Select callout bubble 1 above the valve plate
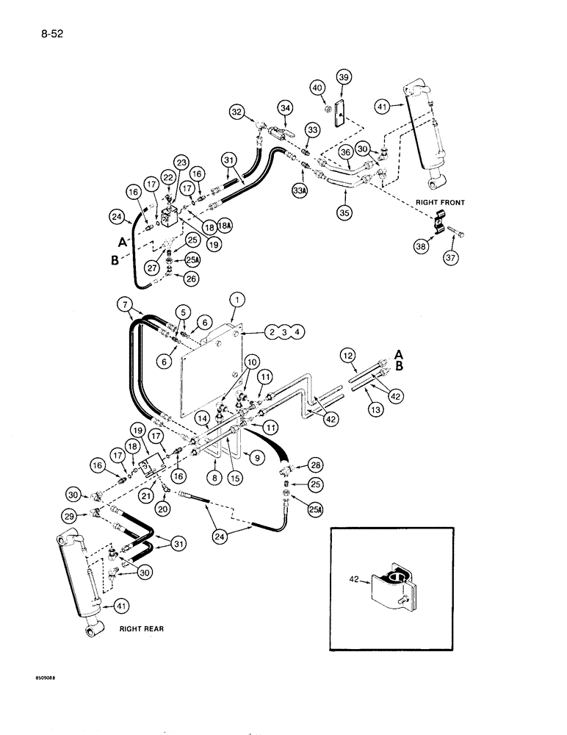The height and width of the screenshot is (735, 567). [236, 300]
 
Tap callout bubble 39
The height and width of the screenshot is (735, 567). [344, 77]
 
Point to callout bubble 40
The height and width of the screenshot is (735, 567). [318, 88]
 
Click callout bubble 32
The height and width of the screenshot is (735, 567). [236, 112]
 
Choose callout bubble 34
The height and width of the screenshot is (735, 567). [286, 109]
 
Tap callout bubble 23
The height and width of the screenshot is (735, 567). [181, 163]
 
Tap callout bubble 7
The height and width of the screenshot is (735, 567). [126, 304]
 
